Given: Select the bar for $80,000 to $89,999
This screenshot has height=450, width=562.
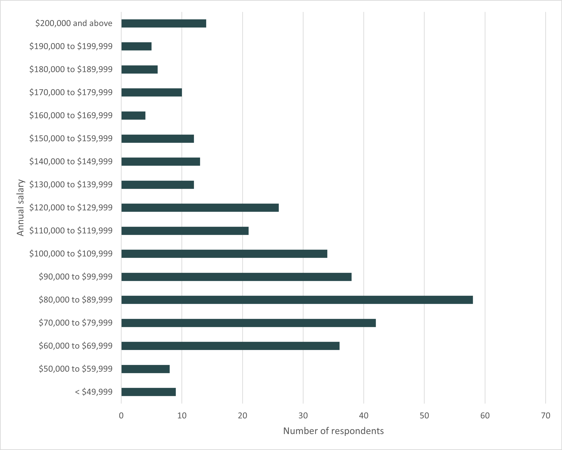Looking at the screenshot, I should tap(297, 300).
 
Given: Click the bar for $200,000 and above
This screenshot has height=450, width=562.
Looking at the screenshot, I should tap(164, 23).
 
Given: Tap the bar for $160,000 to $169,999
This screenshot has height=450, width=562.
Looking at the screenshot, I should tap(133, 116).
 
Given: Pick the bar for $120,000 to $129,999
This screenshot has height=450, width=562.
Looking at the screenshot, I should tap(200, 208).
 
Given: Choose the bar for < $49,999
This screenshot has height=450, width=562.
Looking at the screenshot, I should tap(149, 392).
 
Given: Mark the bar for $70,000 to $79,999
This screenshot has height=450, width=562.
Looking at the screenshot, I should tap(248, 323).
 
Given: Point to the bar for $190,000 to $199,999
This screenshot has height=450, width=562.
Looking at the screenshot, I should tap(136, 47).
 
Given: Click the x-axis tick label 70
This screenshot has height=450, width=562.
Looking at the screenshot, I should tap(545, 416).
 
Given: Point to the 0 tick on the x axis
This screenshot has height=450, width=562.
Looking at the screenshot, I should tap(121, 416).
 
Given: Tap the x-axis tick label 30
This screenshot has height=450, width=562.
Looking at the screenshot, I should tap(303, 416).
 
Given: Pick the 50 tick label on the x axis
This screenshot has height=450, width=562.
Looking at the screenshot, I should tap(424, 416).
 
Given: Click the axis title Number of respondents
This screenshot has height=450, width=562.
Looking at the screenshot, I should tap(333, 431).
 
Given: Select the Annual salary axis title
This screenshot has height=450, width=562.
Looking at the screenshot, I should tap(20, 208).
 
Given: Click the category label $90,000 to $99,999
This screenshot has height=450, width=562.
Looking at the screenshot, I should tap(76, 277).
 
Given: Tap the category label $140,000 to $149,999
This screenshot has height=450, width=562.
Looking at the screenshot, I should tap(71, 162).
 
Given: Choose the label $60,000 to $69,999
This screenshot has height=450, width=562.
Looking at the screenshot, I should tap(76, 346).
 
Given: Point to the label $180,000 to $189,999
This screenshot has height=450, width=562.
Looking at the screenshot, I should tap(71, 69).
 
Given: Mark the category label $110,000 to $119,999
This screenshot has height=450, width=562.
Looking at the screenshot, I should tap(71, 231).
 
